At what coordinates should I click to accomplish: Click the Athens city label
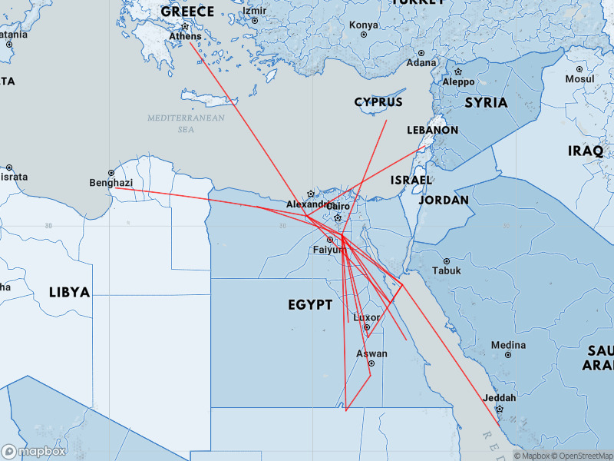coord(185,36)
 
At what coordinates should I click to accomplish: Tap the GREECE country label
coord(187,12)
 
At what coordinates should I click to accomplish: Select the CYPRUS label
coord(378,102)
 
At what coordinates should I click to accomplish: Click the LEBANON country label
coord(432,130)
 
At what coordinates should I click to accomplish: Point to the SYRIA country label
coord(486,102)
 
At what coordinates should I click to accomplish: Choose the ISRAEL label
coord(411,180)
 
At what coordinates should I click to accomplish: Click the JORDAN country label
coord(444,200)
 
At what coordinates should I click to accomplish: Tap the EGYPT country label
coord(310,305)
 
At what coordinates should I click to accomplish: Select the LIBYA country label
coord(69,292)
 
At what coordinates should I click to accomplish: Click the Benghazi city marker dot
coord(111,173)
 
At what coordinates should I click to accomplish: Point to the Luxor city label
coord(366,317)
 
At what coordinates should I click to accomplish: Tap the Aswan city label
coord(371,353)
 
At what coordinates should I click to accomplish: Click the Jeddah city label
coord(499,398)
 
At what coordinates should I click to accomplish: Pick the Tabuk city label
coord(447,270)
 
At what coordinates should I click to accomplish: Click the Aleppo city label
coord(459,82)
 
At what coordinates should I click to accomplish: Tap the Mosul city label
coord(579,78)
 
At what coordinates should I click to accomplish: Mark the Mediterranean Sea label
coord(187,124)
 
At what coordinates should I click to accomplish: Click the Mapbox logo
coord(33,452)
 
